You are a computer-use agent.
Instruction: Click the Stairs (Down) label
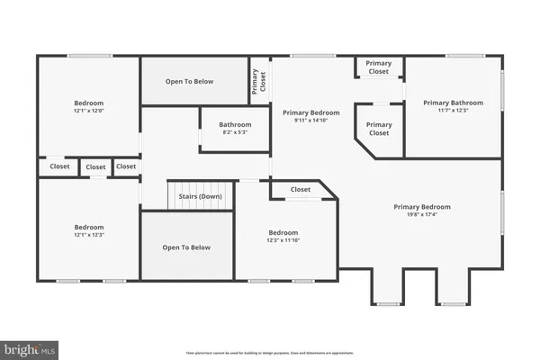point(201,195)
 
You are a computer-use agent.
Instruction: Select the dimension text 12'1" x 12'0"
point(89,111)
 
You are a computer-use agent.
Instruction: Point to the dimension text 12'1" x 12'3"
point(89,235)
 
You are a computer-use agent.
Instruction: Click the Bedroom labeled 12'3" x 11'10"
point(283,236)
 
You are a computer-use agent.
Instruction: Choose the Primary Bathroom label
point(453,103)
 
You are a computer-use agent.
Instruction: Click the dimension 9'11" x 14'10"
point(310,121)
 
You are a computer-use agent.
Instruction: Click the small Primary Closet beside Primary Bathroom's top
point(379,67)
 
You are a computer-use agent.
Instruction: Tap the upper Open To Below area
point(189,82)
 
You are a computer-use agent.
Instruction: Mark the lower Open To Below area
point(186,247)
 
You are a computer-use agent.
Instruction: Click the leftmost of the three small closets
point(59,166)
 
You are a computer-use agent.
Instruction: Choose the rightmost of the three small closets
point(126,166)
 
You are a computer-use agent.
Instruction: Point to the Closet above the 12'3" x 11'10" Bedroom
point(301,190)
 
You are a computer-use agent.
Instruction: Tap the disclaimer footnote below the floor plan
point(269,353)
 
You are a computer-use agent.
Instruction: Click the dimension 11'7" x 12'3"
point(453,111)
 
